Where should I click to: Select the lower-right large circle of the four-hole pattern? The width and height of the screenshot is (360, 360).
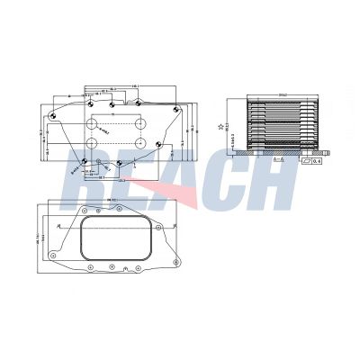(x=142, y=143)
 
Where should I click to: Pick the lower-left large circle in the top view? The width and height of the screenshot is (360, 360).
(x=93, y=143)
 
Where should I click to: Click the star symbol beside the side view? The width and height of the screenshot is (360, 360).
(x=222, y=126)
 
